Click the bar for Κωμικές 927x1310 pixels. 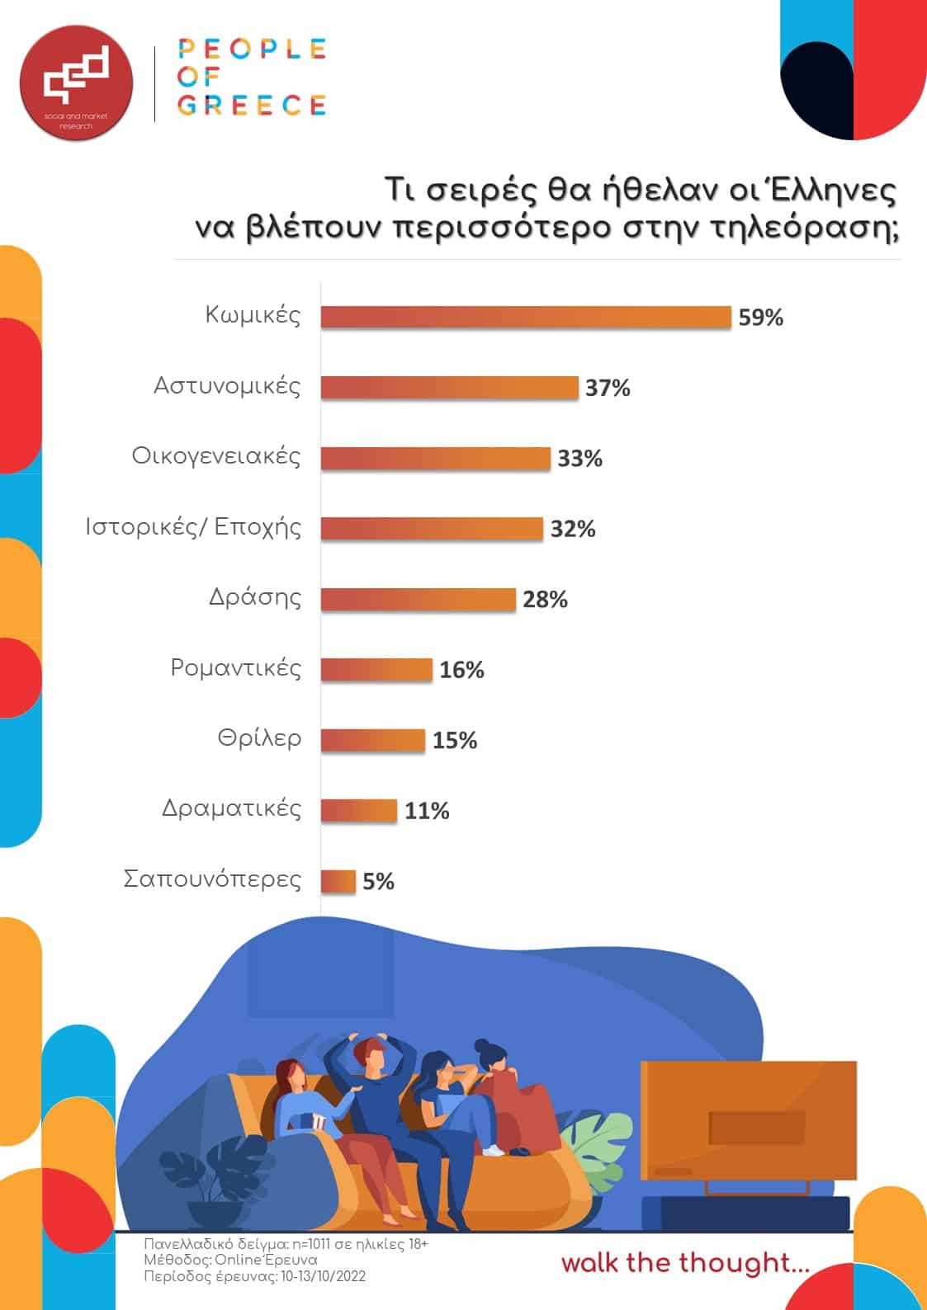coord(526,318)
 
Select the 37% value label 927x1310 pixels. coord(608,388)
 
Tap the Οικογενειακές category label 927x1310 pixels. coord(216,456)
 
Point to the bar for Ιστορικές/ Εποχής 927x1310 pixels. coord(432,529)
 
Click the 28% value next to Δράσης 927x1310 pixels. coord(545,600)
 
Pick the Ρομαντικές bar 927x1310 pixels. coord(376,670)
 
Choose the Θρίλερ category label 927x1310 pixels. coord(259,738)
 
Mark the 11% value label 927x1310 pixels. coord(427,811)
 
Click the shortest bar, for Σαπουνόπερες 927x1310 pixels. coord(338,882)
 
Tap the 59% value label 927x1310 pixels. coord(760,318)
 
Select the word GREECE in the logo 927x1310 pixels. coord(252,106)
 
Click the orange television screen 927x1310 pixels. coord(749,1119)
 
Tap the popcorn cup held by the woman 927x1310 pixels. coord(318,1121)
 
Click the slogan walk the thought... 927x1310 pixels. coord(685,1263)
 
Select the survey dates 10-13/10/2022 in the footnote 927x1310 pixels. coord(323,1276)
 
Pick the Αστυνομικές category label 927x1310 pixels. coord(227,386)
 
